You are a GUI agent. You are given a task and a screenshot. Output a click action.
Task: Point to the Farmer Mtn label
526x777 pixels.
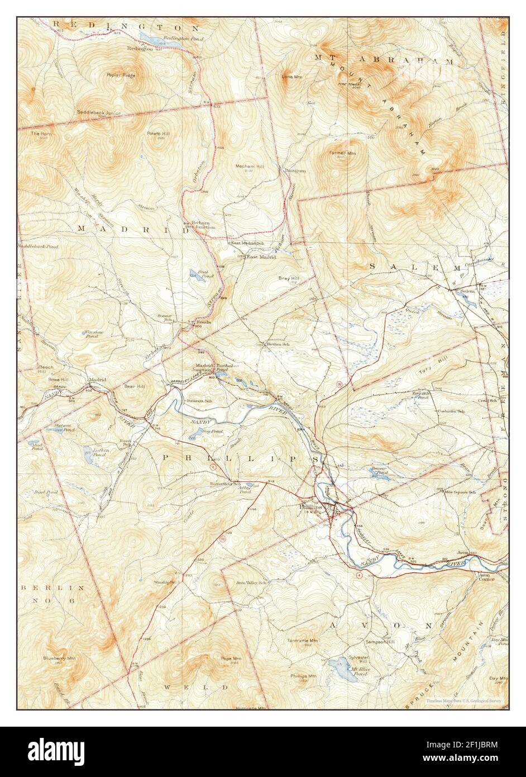(x=342, y=153)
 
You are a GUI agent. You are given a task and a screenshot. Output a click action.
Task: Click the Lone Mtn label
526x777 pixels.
(x=291, y=77)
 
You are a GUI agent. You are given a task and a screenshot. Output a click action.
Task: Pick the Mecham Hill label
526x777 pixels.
(x=249, y=167)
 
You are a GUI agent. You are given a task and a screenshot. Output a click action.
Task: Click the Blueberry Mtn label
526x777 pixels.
(x=60, y=658)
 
